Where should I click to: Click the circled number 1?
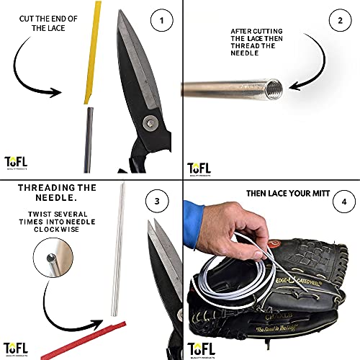tap(162, 20)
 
